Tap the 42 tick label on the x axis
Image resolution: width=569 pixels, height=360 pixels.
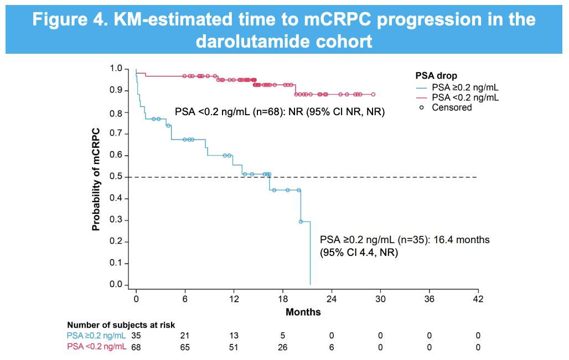(x=478, y=299)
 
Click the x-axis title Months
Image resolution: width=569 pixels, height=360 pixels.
(x=303, y=312)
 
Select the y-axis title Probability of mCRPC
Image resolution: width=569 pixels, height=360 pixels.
(x=96, y=179)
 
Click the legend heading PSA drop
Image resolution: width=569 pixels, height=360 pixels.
(x=436, y=76)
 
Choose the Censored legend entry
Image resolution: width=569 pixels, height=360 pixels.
(x=446, y=107)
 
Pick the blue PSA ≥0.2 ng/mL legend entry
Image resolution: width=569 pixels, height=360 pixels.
(x=457, y=88)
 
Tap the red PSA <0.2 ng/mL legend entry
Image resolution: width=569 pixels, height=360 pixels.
(x=457, y=97)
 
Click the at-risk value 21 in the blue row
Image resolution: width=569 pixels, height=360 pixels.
(x=185, y=336)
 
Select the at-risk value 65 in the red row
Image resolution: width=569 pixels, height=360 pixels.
(x=185, y=347)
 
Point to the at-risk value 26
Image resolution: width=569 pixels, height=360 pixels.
(x=283, y=347)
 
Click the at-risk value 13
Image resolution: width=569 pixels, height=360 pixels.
(x=234, y=336)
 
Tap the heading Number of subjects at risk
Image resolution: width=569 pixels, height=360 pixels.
(x=121, y=325)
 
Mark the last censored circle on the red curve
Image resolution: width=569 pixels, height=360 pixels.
(x=373, y=95)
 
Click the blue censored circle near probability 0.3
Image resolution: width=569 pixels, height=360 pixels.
(x=301, y=222)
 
